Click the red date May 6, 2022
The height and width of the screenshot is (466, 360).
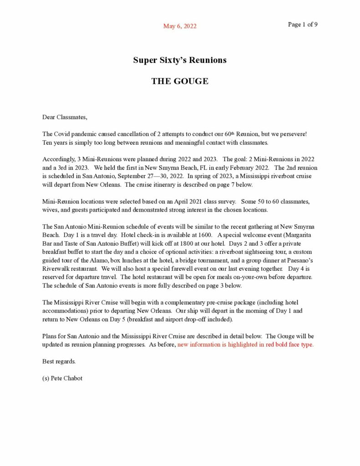coord(180,26)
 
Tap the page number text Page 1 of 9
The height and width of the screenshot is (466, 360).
coord(303,25)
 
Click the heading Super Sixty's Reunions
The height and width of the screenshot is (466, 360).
coord(180,60)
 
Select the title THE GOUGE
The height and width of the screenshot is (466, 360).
coord(180,81)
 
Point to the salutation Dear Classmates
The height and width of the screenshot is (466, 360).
coord(64,117)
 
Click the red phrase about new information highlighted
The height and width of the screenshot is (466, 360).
coord(245,344)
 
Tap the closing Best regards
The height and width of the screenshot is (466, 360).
coord(59,361)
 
